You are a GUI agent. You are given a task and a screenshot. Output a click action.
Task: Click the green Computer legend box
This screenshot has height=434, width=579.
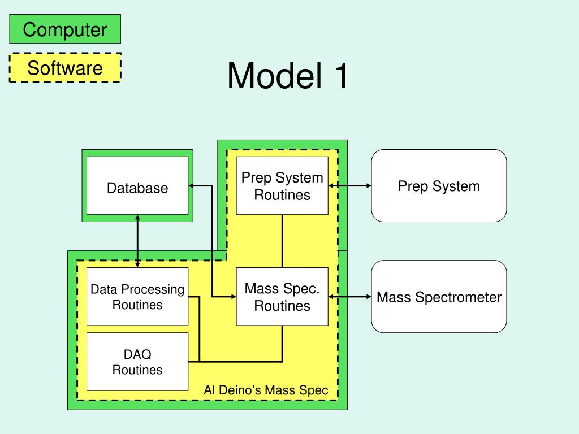65,29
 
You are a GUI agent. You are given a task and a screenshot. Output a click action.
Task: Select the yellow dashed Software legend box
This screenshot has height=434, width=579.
65,68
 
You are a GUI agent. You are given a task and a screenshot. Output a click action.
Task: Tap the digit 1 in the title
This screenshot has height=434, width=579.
341,76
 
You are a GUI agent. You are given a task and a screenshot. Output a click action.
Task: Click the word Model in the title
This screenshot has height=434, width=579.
275,75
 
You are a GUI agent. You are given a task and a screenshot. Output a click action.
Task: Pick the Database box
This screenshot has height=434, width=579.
137,185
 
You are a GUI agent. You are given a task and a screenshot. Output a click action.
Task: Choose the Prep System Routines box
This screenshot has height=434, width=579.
282,185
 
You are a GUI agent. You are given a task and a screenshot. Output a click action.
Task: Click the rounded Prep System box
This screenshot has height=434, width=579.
439,185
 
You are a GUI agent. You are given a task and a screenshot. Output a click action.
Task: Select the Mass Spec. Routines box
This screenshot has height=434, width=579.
282,296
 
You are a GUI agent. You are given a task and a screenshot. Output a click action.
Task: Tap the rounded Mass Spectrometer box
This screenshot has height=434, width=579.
439,296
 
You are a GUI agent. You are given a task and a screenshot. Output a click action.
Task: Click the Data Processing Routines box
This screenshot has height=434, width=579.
137,296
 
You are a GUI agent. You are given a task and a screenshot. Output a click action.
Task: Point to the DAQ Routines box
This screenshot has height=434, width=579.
137,361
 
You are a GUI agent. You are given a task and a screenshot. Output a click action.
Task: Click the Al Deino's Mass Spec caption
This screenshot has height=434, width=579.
266,390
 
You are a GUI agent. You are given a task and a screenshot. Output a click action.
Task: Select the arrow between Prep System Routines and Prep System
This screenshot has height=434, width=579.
349,185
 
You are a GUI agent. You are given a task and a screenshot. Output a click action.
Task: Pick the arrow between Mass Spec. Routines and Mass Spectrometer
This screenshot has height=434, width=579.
349,296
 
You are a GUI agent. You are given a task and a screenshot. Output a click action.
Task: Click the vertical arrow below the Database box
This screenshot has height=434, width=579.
137,241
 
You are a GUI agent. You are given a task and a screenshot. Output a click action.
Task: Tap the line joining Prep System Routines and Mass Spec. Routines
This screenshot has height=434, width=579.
283,241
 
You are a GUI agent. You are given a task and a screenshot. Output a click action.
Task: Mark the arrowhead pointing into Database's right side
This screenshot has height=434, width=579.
191,185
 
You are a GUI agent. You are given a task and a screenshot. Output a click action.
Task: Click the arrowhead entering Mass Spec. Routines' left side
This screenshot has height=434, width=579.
234,296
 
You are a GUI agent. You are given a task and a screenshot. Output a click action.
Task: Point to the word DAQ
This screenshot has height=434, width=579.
137,354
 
